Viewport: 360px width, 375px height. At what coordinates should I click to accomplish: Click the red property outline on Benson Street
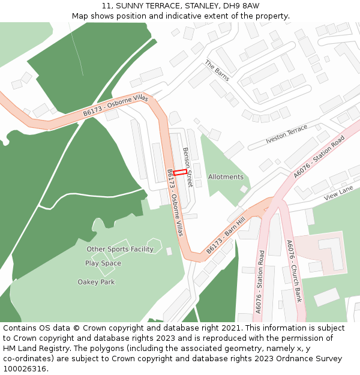click(180, 172)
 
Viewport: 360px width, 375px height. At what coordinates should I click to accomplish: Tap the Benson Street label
click(188, 167)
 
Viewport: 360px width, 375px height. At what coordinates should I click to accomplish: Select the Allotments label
click(226, 177)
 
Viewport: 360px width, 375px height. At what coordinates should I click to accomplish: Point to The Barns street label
click(217, 71)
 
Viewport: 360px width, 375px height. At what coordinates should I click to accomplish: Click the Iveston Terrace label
click(286, 134)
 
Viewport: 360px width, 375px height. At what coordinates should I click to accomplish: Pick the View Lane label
click(338, 193)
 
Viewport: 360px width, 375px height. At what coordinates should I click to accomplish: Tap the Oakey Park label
click(96, 282)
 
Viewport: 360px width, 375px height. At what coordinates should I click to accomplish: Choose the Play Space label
click(103, 263)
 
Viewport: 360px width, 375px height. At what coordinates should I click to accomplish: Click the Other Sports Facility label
click(120, 249)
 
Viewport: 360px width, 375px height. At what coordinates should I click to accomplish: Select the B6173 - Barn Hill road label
click(226, 235)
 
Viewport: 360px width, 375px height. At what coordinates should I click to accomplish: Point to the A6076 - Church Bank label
click(294, 271)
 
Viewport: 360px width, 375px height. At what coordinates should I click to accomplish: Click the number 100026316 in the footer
click(24, 368)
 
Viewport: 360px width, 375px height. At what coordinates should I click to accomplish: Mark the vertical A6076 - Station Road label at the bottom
click(260, 281)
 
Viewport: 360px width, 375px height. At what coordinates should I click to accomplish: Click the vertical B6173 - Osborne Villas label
click(175, 202)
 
